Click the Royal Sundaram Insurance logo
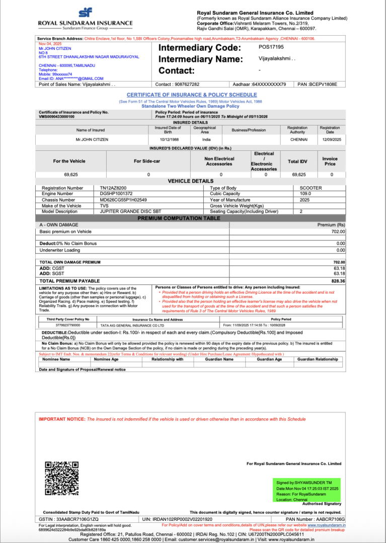click(x=85, y=18)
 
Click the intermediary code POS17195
click(x=271, y=47)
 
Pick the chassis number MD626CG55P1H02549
click(x=123, y=200)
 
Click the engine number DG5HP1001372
click(x=116, y=194)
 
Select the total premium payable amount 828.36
click(x=338, y=281)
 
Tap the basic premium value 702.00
click(x=338, y=231)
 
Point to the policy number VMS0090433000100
click(x=57, y=116)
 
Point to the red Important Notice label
click(x=62, y=419)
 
